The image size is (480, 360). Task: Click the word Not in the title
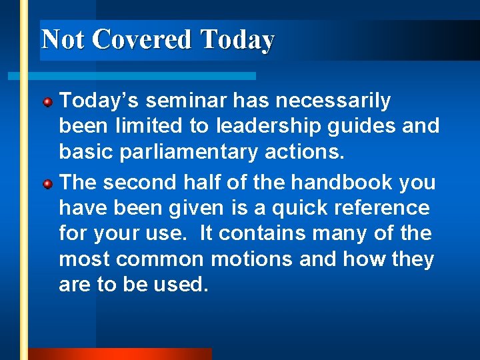point(63,39)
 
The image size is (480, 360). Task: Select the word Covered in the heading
point(142,39)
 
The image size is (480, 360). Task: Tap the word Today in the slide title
point(237,39)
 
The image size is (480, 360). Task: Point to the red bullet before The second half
point(48,183)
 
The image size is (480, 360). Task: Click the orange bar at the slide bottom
point(120,354)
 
